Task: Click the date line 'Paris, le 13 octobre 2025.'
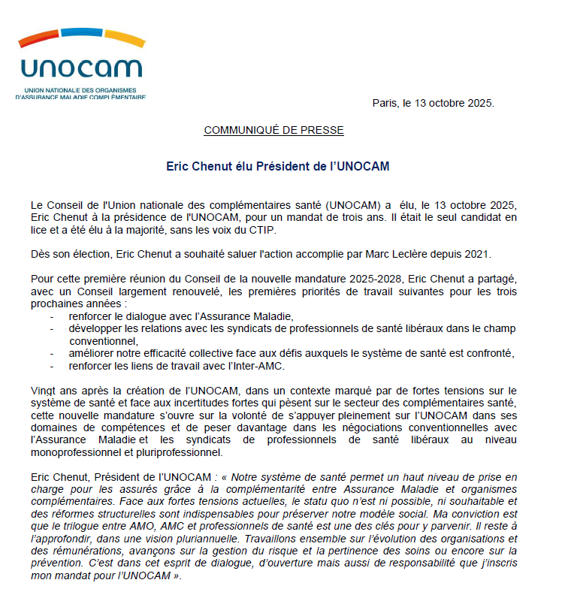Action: point(433,103)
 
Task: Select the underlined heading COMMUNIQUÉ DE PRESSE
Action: point(273,131)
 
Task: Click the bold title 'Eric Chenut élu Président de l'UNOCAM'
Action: point(277,165)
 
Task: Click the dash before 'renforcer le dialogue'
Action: point(52,316)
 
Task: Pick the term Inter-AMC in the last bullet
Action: point(254,366)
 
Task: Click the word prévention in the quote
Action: point(61,563)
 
